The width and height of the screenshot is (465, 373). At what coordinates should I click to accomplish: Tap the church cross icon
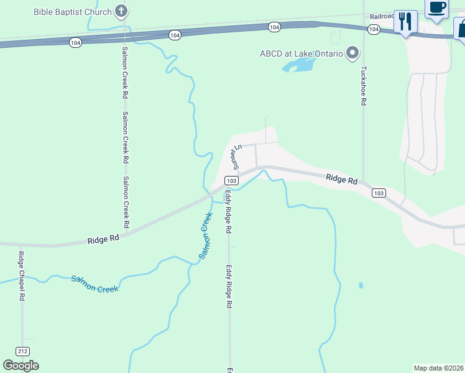[122, 11]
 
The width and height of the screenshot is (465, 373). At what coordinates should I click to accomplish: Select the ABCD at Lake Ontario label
[302, 53]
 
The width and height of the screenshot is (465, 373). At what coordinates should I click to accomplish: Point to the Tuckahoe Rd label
[364, 86]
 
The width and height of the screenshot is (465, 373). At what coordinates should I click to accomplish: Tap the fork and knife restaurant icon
[405, 22]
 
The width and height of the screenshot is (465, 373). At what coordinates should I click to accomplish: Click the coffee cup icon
[437, 7]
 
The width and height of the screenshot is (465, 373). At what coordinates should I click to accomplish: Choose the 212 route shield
[23, 351]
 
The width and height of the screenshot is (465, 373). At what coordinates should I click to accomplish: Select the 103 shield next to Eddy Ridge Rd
[231, 180]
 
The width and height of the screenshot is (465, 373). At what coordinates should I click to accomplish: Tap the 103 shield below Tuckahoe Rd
[379, 193]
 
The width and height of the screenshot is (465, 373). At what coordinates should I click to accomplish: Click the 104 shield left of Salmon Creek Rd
[75, 42]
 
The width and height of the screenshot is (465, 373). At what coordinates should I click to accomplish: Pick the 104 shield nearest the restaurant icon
[374, 29]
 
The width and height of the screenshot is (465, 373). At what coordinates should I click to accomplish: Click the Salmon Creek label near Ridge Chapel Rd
[94, 283]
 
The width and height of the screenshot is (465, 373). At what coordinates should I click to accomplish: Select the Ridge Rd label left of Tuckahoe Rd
[342, 179]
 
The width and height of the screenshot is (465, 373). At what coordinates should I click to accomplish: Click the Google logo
[21, 366]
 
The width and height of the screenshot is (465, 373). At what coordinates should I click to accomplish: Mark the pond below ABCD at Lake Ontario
[299, 65]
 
